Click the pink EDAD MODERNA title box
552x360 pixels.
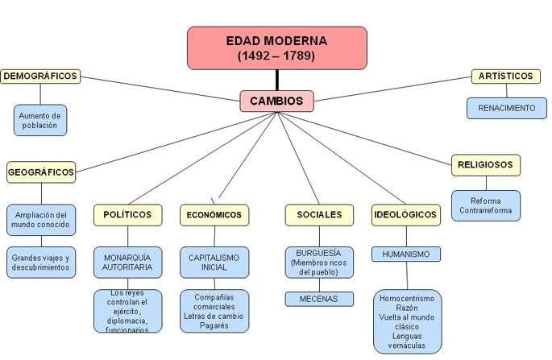(x=276, y=48)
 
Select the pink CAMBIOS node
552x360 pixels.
(x=276, y=101)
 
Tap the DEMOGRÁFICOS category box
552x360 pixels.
(x=40, y=77)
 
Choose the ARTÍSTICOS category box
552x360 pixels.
(x=505, y=77)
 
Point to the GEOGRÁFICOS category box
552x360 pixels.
(x=41, y=172)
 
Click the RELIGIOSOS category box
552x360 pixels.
(x=485, y=164)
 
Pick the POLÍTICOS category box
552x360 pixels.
(x=127, y=214)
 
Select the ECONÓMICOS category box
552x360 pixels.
(x=214, y=215)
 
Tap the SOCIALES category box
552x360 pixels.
(x=319, y=215)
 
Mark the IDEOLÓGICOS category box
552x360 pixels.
(x=406, y=215)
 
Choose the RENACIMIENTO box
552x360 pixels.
(x=506, y=108)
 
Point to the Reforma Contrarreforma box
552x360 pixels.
(x=485, y=205)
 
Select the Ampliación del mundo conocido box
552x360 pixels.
(x=41, y=221)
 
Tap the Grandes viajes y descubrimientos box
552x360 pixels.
(x=41, y=262)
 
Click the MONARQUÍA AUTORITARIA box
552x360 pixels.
(x=127, y=262)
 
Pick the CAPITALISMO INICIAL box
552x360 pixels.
(x=214, y=262)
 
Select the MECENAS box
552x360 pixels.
(x=319, y=299)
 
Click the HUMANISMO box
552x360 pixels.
(x=406, y=254)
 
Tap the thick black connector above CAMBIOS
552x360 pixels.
(x=276, y=80)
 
